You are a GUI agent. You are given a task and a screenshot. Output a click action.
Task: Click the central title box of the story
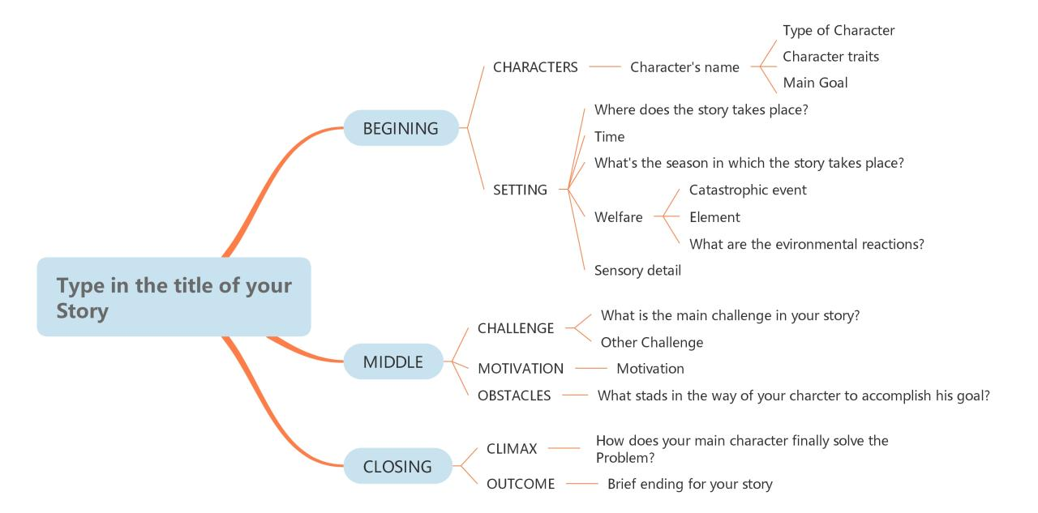click(x=174, y=297)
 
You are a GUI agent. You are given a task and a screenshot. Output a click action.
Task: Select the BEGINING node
click(x=401, y=128)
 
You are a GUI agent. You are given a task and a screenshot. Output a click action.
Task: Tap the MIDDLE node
click(x=393, y=361)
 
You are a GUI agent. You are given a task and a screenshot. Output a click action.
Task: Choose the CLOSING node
click(x=397, y=466)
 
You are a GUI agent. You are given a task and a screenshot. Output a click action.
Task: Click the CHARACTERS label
click(x=535, y=67)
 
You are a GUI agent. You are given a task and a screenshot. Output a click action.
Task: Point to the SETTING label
click(x=520, y=190)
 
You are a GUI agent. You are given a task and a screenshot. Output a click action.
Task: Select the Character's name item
click(x=684, y=67)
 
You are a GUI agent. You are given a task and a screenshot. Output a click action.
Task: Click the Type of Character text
click(x=839, y=30)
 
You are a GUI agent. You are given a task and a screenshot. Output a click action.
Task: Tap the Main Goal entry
click(x=815, y=83)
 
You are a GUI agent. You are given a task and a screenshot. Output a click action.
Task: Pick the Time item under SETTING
click(x=609, y=137)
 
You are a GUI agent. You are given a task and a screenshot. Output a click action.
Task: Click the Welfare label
click(x=618, y=217)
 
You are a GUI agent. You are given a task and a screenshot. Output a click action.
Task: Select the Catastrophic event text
click(x=748, y=190)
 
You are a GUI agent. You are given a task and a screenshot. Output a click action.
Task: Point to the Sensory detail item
click(x=637, y=271)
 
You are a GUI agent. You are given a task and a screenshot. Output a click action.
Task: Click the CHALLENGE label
click(x=516, y=328)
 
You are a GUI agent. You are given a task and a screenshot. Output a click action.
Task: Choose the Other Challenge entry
click(x=651, y=342)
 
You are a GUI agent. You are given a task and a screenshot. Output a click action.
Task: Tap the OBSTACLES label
click(x=514, y=395)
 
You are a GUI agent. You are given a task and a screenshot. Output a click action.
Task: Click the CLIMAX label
click(x=512, y=448)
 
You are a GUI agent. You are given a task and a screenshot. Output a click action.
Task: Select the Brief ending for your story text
click(x=689, y=484)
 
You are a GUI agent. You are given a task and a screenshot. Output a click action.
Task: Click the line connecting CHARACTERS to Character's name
click(x=604, y=67)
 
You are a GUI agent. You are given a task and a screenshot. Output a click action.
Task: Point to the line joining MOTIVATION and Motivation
click(x=590, y=369)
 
